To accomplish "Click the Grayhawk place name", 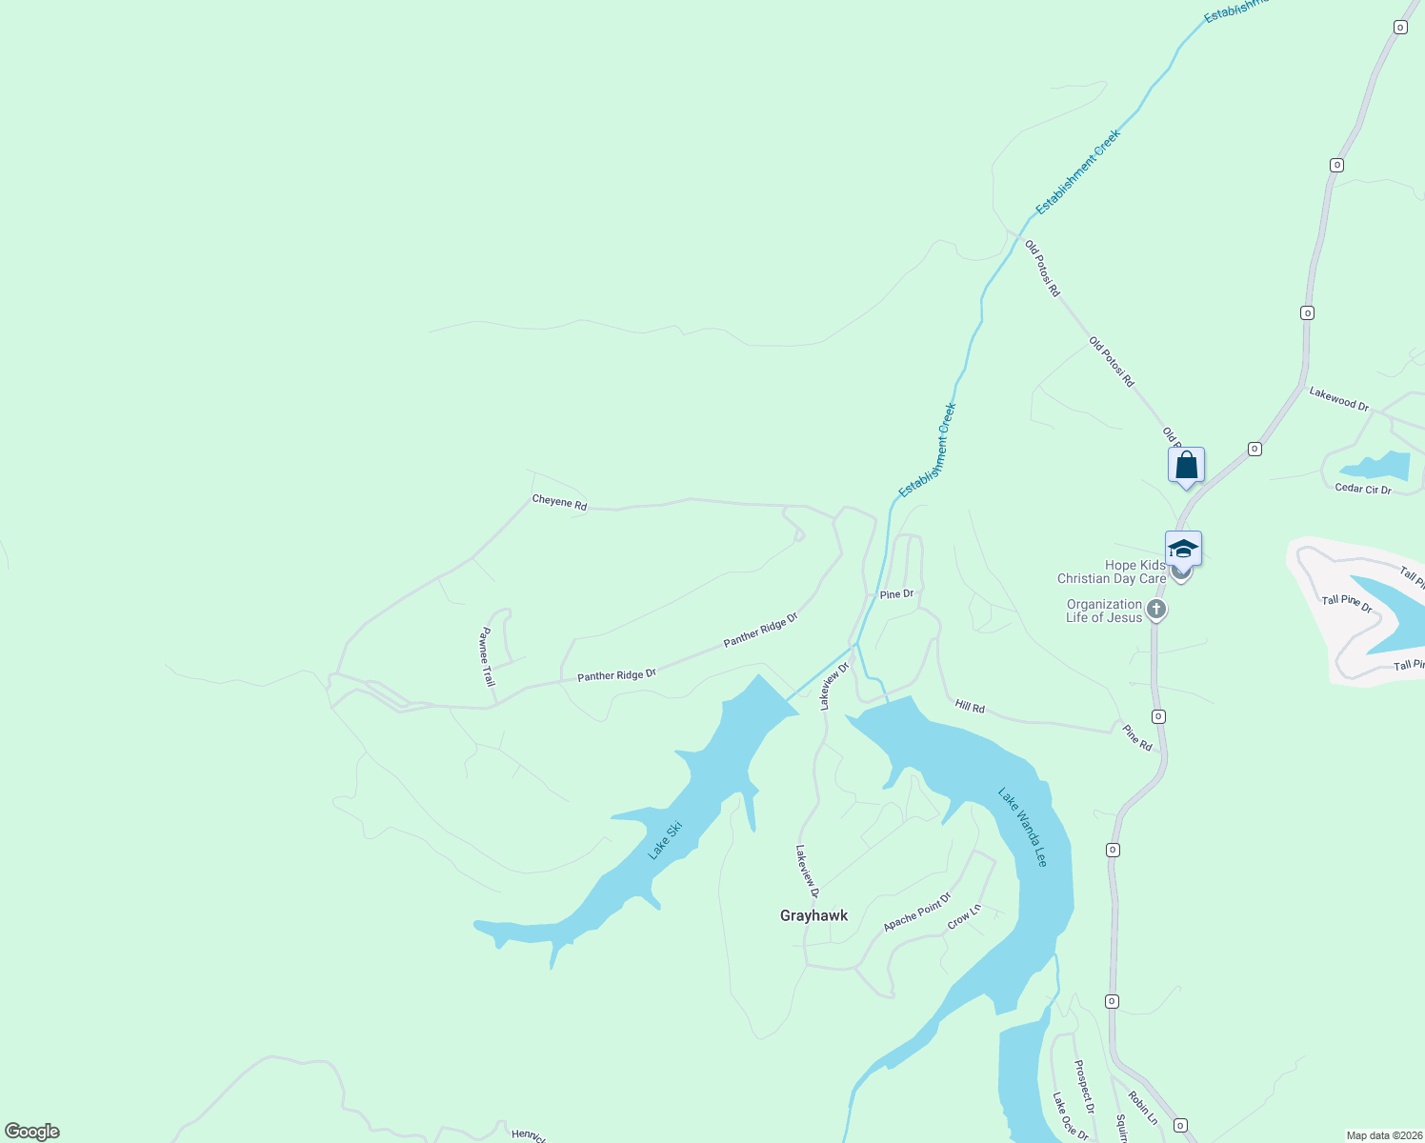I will [813, 915].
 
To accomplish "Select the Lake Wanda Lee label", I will [1022, 827].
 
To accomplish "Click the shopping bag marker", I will [1186, 466].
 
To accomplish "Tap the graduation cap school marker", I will [1183, 550].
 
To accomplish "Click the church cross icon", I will [1156, 610].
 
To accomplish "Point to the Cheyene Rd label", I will [559, 502].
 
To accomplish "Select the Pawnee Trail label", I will [487, 657].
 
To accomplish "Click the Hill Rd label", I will [970, 706].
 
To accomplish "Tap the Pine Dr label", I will [896, 594].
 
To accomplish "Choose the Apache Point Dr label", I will [916, 912].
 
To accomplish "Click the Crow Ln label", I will [964, 917].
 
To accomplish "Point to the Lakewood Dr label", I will [1338, 398].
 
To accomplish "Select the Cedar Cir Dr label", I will [1363, 490].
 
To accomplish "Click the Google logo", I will [32, 1132].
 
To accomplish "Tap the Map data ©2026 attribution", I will [1383, 1135].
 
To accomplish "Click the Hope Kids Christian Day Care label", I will [1112, 571].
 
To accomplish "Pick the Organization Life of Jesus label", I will [1104, 611].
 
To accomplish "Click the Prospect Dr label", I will [1084, 1087].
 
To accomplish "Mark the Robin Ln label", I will [1143, 1109].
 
